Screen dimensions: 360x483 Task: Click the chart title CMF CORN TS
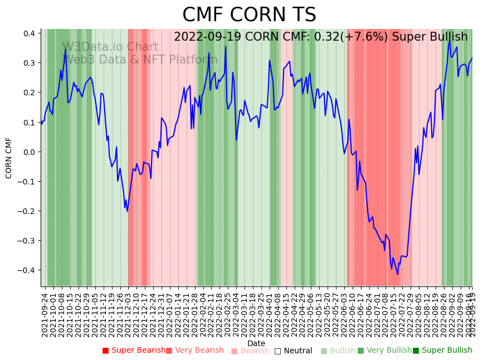click(249, 15)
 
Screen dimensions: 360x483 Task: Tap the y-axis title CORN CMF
click(9, 158)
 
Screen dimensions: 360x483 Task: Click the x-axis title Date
click(256, 343)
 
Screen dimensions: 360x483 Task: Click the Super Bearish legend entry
click(134, 351)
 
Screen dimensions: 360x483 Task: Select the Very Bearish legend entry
click(195, 351)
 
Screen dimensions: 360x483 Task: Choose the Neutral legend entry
click(293, 351)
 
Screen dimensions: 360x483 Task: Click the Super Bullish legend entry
click(442, 351)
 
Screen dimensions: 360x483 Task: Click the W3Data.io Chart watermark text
click(110, 47)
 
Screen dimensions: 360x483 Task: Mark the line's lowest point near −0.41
click(398, 274)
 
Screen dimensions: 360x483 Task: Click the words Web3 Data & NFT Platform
click(142, 60)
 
